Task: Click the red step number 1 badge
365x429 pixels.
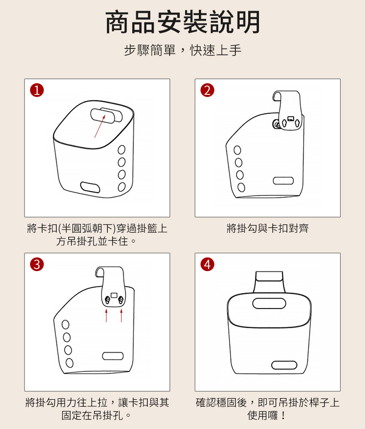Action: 37,90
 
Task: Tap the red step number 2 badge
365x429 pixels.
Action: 207,90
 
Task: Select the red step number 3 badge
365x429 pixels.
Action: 37,265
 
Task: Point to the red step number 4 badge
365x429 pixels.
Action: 207,265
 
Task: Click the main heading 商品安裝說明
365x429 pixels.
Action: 182,22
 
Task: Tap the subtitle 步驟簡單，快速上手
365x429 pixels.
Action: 182,50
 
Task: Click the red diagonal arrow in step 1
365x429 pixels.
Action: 100,126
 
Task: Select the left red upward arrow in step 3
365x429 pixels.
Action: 106,315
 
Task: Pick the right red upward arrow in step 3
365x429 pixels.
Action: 121,315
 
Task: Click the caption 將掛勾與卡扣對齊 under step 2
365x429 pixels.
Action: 268,228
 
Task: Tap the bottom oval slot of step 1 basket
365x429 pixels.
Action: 90,187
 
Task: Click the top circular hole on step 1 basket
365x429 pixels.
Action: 122,150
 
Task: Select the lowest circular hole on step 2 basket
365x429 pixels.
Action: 241,187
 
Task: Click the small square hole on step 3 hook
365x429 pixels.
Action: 114,295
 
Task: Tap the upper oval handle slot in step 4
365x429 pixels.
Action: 269,303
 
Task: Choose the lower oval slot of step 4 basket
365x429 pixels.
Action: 284,365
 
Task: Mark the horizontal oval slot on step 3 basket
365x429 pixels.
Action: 113,356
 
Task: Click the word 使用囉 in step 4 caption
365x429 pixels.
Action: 262,415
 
